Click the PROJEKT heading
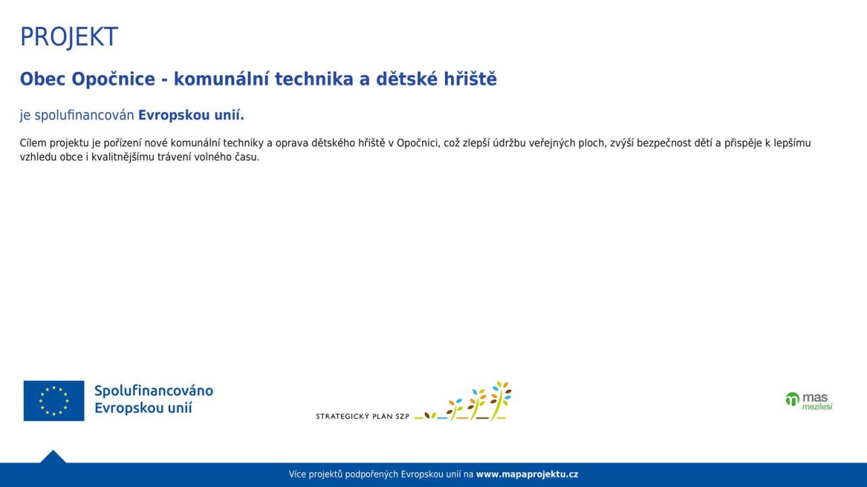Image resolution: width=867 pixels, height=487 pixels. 69,37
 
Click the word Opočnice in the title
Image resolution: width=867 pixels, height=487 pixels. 113,79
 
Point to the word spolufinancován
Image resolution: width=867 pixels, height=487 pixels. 85,115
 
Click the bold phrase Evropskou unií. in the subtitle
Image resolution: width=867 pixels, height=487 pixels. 191,115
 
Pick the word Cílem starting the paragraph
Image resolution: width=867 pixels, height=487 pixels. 33,143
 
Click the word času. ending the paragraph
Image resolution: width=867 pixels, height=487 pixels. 247,157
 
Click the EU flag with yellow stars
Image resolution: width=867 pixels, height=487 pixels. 54,401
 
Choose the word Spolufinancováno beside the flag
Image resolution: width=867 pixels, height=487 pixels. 154,391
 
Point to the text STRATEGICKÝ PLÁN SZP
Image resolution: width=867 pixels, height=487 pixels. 362,417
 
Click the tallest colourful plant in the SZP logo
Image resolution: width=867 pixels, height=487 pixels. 501,401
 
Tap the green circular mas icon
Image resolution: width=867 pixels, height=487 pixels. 792,399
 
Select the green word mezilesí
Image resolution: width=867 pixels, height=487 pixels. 817,407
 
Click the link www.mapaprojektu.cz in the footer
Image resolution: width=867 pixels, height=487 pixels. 527,474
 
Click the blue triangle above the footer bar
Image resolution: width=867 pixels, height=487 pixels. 53,457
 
